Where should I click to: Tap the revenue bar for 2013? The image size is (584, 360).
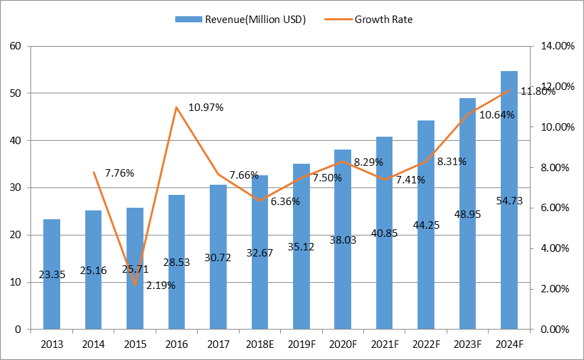click(52, 274)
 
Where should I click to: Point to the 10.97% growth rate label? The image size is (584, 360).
click(205, 108)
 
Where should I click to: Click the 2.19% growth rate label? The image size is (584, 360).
click(161, 285)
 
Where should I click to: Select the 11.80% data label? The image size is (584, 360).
click(537, 91)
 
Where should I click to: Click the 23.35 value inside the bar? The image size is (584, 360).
click(52, 275)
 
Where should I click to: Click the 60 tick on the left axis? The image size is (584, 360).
click(16, 46)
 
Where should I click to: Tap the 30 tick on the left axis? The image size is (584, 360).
click(16, 187)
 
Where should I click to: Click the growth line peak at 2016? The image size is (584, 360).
click(177, 107)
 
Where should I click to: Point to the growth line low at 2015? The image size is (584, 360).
click(135, 285)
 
